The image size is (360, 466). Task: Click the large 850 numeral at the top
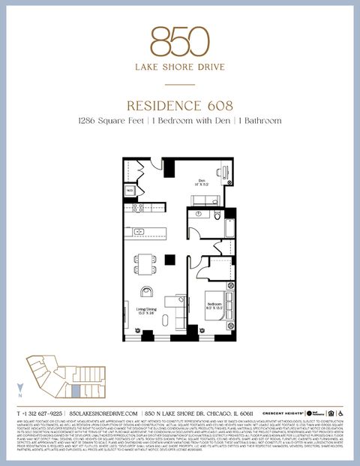180,41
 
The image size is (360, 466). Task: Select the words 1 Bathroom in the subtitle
260,121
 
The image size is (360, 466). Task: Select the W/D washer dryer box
130,191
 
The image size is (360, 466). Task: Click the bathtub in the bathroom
227,225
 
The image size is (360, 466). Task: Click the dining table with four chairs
145,263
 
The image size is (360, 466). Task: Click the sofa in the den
205,200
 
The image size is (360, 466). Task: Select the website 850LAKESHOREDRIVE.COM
104,413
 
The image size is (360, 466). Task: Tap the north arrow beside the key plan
20,389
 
